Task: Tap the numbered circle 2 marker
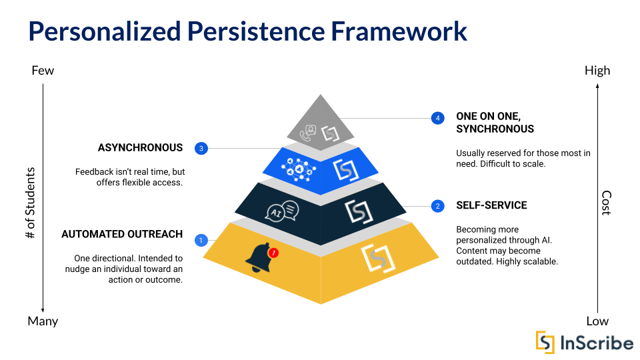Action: coord(437,205)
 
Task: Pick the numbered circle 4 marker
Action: coord(437,118)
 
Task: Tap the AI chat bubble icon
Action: coord(283,211)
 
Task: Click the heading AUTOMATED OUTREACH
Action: coord(122,234)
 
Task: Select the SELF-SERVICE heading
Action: coord(491,205)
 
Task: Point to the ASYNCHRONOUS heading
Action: coord(140,147)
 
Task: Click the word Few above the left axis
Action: coord(43,71)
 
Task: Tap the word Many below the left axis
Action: coord(43,321)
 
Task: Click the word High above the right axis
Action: coord(597,71)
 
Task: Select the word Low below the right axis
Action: coord(597,321)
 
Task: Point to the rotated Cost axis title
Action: coord(606,203)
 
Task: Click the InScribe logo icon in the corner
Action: coord(545,342)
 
